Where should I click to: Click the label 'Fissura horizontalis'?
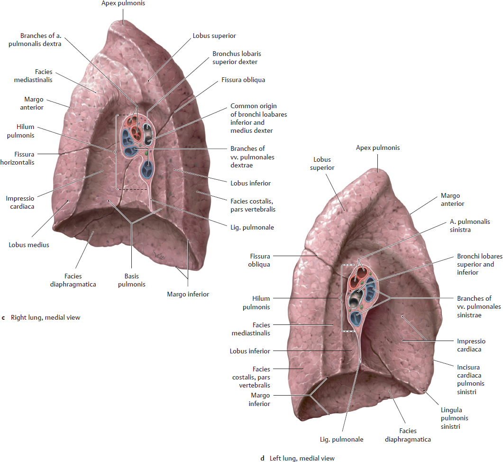point(18,158)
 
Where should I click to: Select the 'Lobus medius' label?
point(29,245)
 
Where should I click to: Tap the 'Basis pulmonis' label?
point(131,280)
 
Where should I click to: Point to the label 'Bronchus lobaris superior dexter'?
point(237,58)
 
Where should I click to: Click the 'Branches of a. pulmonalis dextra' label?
point(35,40)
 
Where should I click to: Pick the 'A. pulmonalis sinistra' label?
point(470,226)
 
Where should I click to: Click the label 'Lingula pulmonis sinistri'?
point(454,418)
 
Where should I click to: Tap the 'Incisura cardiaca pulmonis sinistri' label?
point(471,379)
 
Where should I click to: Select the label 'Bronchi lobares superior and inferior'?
point(480,264)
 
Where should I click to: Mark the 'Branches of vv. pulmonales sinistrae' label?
point(479,306)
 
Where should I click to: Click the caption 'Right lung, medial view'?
point(46,317)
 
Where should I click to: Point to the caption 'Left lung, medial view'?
point(302,458)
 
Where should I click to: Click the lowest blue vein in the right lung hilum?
point(148,169)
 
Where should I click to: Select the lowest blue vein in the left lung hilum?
point(356,318)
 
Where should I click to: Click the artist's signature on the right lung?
point(159,256)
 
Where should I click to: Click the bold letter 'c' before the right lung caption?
point(3,318)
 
